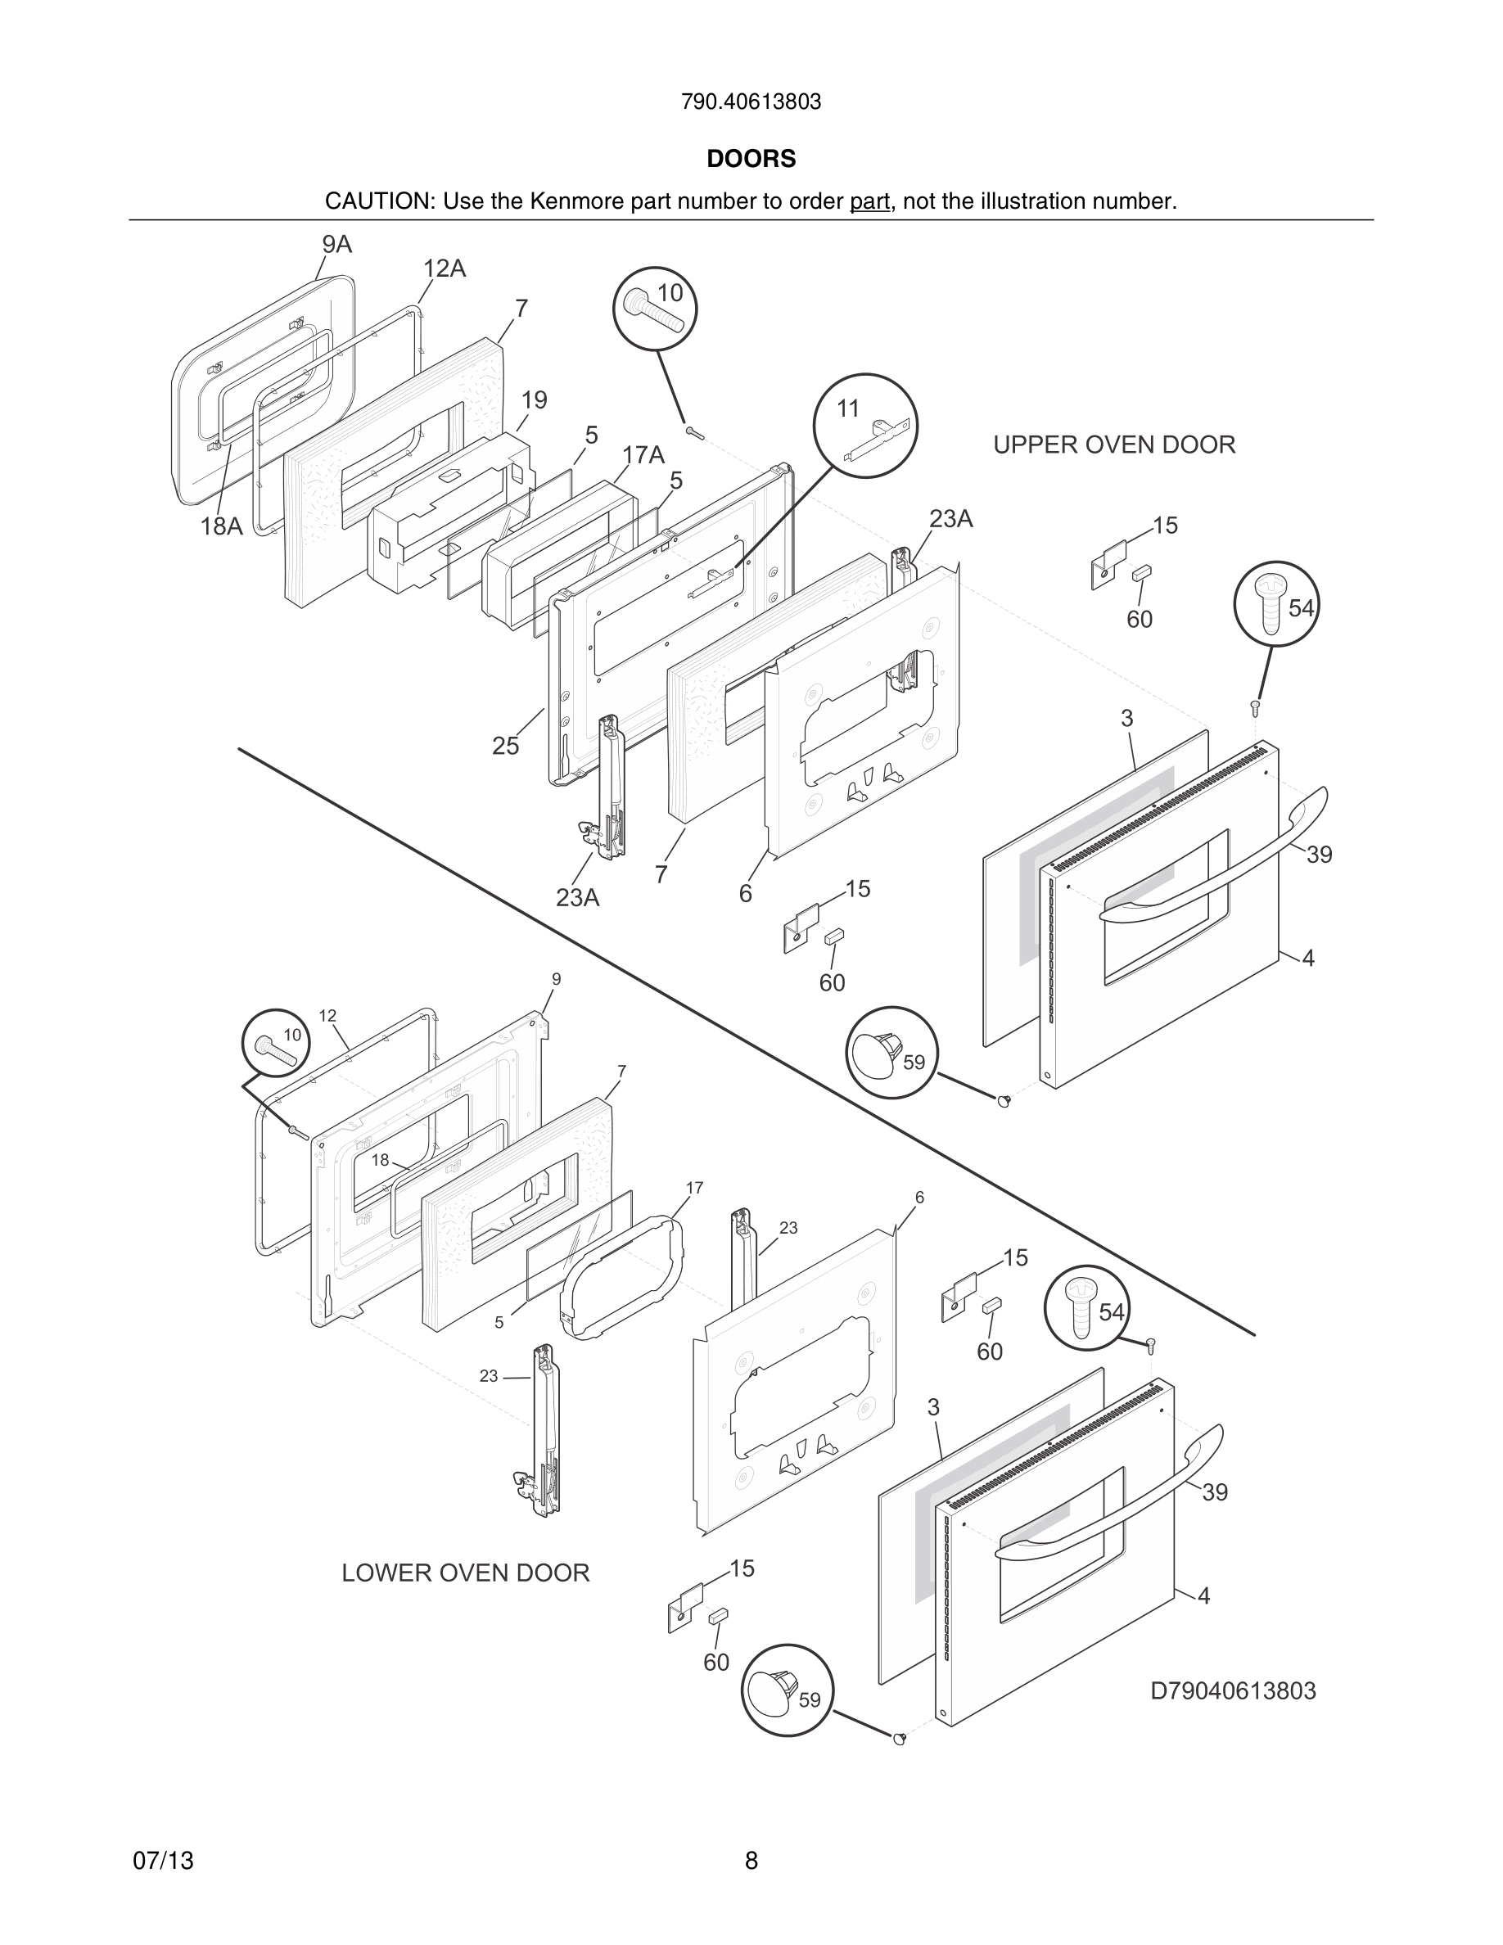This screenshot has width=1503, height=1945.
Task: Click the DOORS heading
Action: pos(751,160)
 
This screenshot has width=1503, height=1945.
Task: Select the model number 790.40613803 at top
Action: pos(751,102)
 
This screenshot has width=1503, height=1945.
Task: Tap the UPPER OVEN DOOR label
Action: pos(1114,445)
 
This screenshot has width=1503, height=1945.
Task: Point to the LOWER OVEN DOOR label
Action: pos(466,1573)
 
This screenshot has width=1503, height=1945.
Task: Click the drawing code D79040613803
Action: pos(1233,1690)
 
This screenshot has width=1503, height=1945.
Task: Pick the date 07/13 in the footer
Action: pos(163,1861)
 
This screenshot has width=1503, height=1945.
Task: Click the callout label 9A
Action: pos(336,245)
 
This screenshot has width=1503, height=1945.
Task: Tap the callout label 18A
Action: pos(221,526)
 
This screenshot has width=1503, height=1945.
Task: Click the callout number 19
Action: pos(535,399)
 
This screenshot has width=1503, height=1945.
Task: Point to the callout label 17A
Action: pos(643,455)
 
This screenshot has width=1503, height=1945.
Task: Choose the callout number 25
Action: pos(506,747)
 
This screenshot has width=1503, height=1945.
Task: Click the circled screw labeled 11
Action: pos(865,425)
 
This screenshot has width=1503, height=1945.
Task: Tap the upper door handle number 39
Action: pos(1319,854)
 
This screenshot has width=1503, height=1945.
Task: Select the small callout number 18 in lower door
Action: pos(380,1161)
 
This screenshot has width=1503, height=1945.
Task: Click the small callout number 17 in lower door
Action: pos(694,1188)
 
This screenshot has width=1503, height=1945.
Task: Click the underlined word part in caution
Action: pos(869,202)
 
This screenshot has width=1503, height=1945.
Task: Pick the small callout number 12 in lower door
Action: pos(327,1015)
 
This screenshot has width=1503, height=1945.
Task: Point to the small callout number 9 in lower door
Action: pos(557,979)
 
